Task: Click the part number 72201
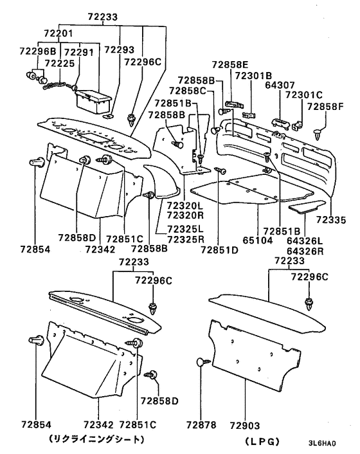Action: click(x=59, y=33)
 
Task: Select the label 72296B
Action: click(x=38, y=51)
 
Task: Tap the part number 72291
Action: click(x=78, y=52)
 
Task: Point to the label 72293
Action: click(x=119, y=50)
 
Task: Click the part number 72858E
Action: click(x=230, y=64)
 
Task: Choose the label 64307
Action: click(x=280, y=85)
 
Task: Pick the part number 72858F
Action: click(x=325, y=107)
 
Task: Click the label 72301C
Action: click(x=304, y=95)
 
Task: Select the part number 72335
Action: click(x=331, y=220)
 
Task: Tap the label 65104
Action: click(x=258, y=241)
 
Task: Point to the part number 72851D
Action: click(x=219, y=250)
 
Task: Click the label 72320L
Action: click(x=185, y=206)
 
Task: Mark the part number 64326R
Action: click(x=305, y=251)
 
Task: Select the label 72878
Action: click(x=201, y=425)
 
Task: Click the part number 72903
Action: click(x=245, y=426)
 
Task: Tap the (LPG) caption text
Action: click(x=262, y=442)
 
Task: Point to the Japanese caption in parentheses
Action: click(x=96, y=439)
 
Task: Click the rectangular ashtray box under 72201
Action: click(x=93, y=102)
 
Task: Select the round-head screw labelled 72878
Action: click(x=203, y=361)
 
